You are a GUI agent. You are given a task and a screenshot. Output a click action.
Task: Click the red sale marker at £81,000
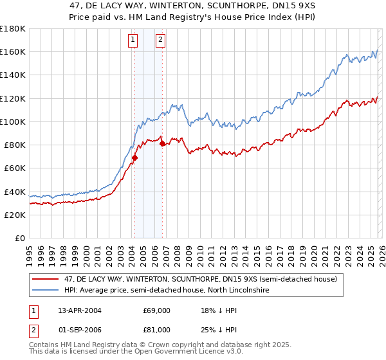click(x=162, y=143)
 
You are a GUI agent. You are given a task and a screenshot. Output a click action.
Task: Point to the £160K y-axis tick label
click(x=13, y=51)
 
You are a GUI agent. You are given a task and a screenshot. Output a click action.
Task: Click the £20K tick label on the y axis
click(x=15, y=215)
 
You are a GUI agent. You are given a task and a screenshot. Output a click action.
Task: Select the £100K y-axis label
click(x=13, y=122)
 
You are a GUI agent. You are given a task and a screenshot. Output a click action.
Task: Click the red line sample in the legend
click(x=46, y=279)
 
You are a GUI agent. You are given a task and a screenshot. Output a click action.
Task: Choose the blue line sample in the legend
click(x=46, y=291)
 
